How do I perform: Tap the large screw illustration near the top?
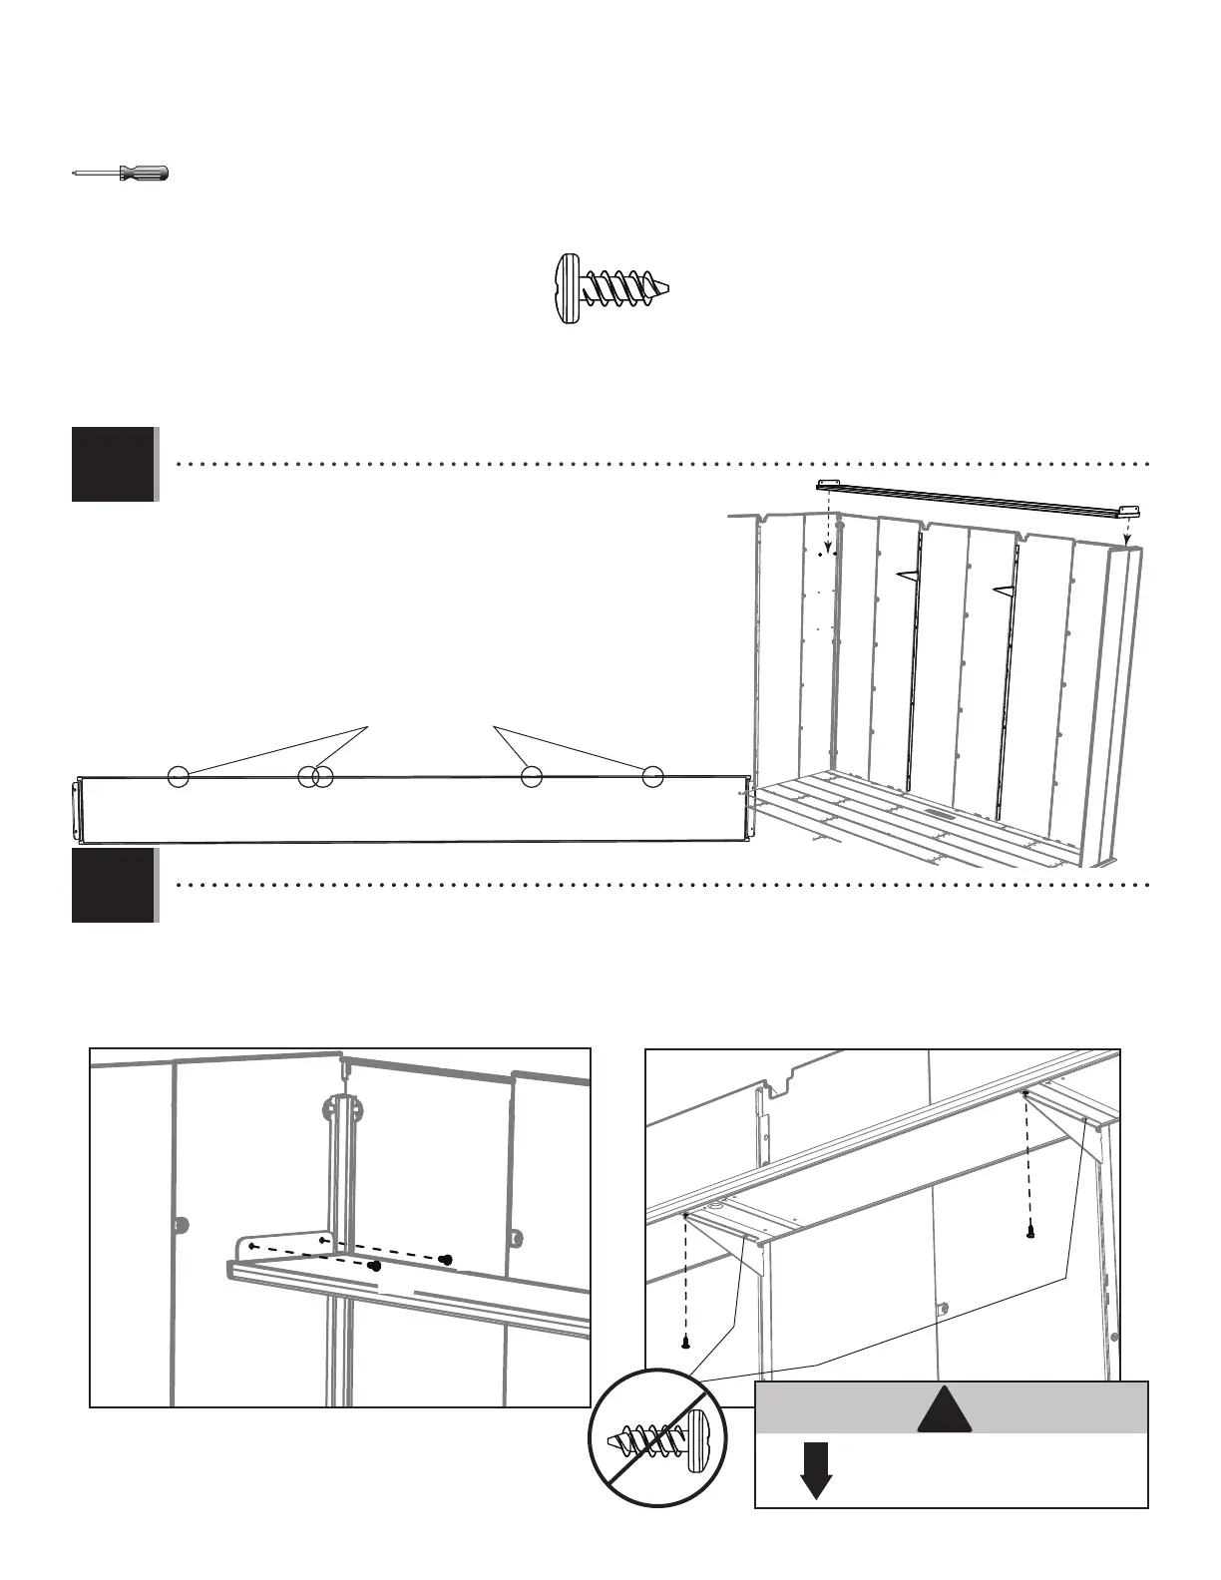tap(610, 287)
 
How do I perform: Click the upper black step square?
tap(113, 464)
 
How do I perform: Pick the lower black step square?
tap(113, 886)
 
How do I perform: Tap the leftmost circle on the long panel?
tap(178, 776)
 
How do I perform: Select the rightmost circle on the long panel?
tap(652, 776)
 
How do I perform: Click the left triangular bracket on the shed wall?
tap(908, 575)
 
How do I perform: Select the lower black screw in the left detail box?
tap(375, 1266)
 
